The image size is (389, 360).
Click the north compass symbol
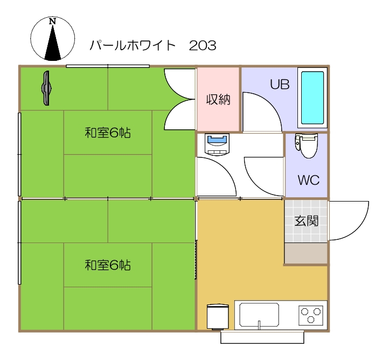(53, 38)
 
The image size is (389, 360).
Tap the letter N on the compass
(52, 22)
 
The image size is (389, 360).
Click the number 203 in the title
(203, 45)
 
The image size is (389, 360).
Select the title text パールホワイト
(133, 45)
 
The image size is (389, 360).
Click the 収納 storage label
(218, 100)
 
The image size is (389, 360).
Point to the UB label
(280, 85)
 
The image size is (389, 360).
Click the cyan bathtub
(312, 98)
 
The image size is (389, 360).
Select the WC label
(308, 180)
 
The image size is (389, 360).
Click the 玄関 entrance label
(305, 220)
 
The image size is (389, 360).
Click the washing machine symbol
(218, 144)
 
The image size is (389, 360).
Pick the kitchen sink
(259, 315)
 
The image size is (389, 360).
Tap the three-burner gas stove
(311, 315)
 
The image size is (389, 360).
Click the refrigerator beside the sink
(217, 317)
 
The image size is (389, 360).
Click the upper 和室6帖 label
(108, 133)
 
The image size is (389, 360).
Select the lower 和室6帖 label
(108, 265)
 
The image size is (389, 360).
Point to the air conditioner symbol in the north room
(47, 88)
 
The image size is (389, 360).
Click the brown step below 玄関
(305, 253)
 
